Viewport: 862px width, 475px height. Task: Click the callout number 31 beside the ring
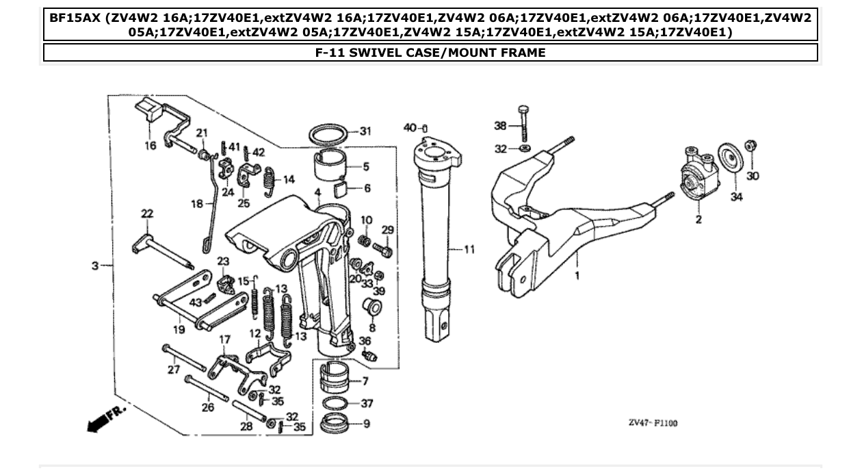[365, 131]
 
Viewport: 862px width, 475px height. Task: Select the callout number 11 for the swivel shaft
[469, 250]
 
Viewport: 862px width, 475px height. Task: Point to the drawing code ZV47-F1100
[653, 423]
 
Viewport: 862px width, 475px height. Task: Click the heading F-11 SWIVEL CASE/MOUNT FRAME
[430, 53]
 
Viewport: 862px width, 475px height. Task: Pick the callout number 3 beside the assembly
[96, 265]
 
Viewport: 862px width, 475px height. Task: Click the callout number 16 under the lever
[150, 145]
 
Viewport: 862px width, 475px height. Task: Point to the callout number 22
[146, 214]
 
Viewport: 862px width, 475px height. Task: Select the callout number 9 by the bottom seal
[367, 424]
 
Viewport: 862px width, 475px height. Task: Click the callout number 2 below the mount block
[698, 220]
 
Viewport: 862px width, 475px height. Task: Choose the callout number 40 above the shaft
[409, 128]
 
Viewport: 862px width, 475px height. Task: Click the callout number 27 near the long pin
[173, 370]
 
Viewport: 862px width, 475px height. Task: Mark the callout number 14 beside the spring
[289, 179]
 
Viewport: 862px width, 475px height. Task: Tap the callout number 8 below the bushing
[372, 328]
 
